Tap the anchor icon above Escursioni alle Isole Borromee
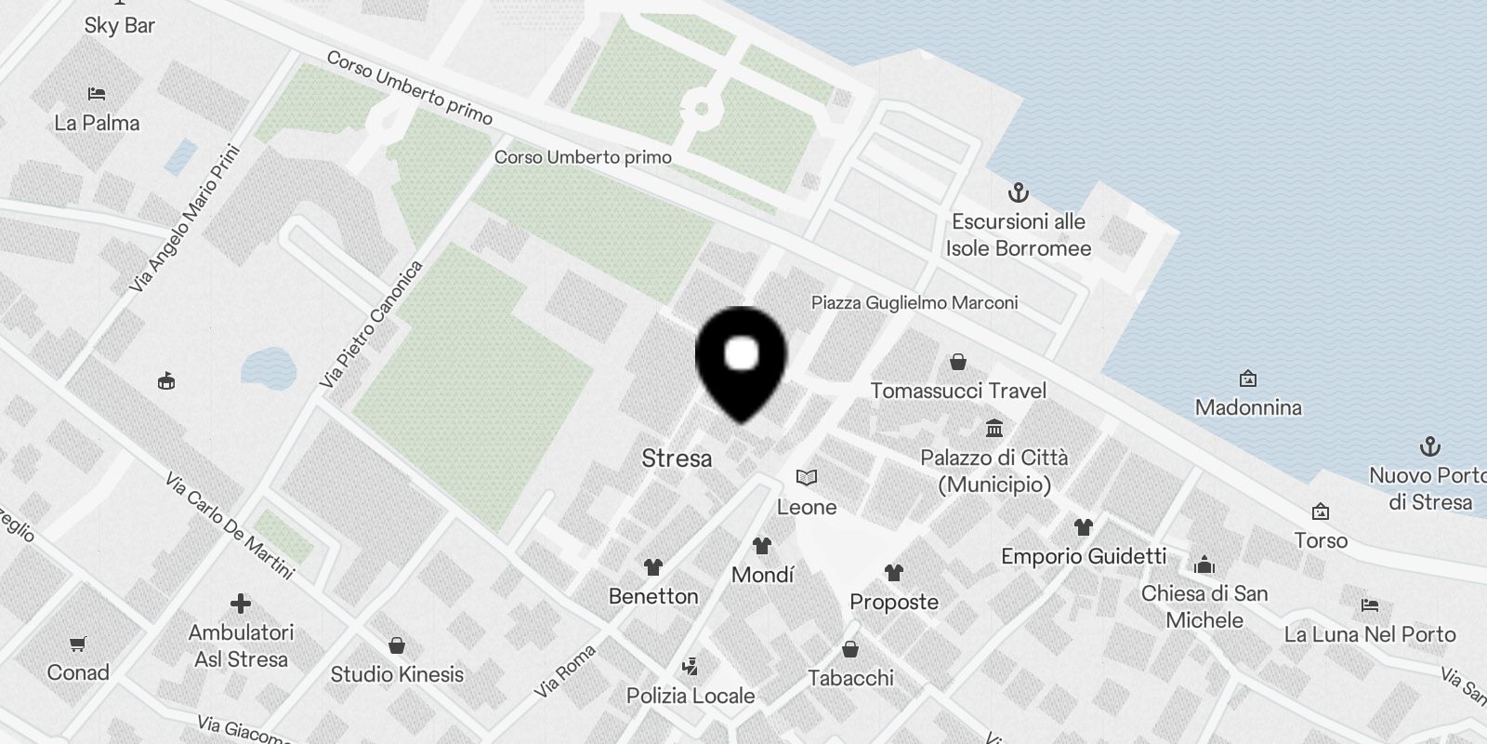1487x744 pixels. [1019, 193]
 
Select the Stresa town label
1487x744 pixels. [677, 458]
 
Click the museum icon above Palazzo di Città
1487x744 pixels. [994, 429]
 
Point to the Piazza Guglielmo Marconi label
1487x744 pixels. [915, 302]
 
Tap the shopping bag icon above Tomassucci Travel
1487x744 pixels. [958, 361]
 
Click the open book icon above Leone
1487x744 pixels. [807, 478]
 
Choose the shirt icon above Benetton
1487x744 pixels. [652, 566]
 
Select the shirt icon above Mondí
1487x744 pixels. [762, 545]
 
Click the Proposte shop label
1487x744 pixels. [894, 602]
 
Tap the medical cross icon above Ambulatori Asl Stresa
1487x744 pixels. [241, 604]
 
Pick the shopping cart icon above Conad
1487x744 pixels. [78, 644]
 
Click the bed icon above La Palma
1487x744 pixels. [97, 94]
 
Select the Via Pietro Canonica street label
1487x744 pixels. [371, 325]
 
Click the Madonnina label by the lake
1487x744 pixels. [1248, 407]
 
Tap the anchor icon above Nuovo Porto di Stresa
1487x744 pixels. [1429, 446]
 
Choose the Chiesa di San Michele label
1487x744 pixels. [1204, 606]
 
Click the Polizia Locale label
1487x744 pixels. [691, 696]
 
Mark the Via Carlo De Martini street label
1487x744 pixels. [230, 526]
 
